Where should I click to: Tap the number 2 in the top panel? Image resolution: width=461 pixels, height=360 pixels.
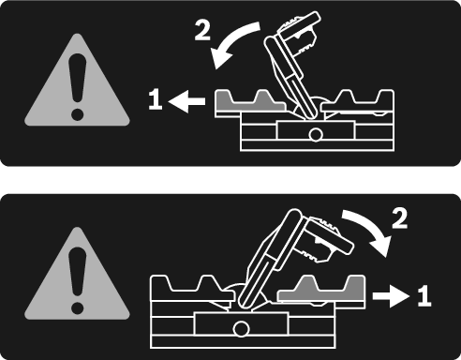[202, 30]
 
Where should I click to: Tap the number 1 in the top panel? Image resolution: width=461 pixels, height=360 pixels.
[156, 99]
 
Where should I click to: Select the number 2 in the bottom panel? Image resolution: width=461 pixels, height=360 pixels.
[399, 218]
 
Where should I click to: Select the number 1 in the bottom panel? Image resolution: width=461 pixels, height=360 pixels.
[424, 295]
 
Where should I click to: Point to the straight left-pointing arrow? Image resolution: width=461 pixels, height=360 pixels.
[186, 101]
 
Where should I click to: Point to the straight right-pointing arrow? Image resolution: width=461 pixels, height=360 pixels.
[391, 295]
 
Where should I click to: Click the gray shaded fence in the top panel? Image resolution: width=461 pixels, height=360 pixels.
[250, 101]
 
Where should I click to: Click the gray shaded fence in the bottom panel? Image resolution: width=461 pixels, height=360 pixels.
[321, 289]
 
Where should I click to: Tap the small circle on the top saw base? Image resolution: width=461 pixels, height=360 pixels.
[316, 135]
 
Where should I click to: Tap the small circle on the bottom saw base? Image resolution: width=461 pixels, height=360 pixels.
[241, 329]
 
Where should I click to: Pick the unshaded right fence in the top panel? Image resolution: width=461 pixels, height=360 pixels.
[358, 101]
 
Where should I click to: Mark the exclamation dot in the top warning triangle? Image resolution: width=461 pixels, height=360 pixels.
[77, 114]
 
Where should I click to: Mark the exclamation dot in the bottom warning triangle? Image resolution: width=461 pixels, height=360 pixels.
[77, 308]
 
